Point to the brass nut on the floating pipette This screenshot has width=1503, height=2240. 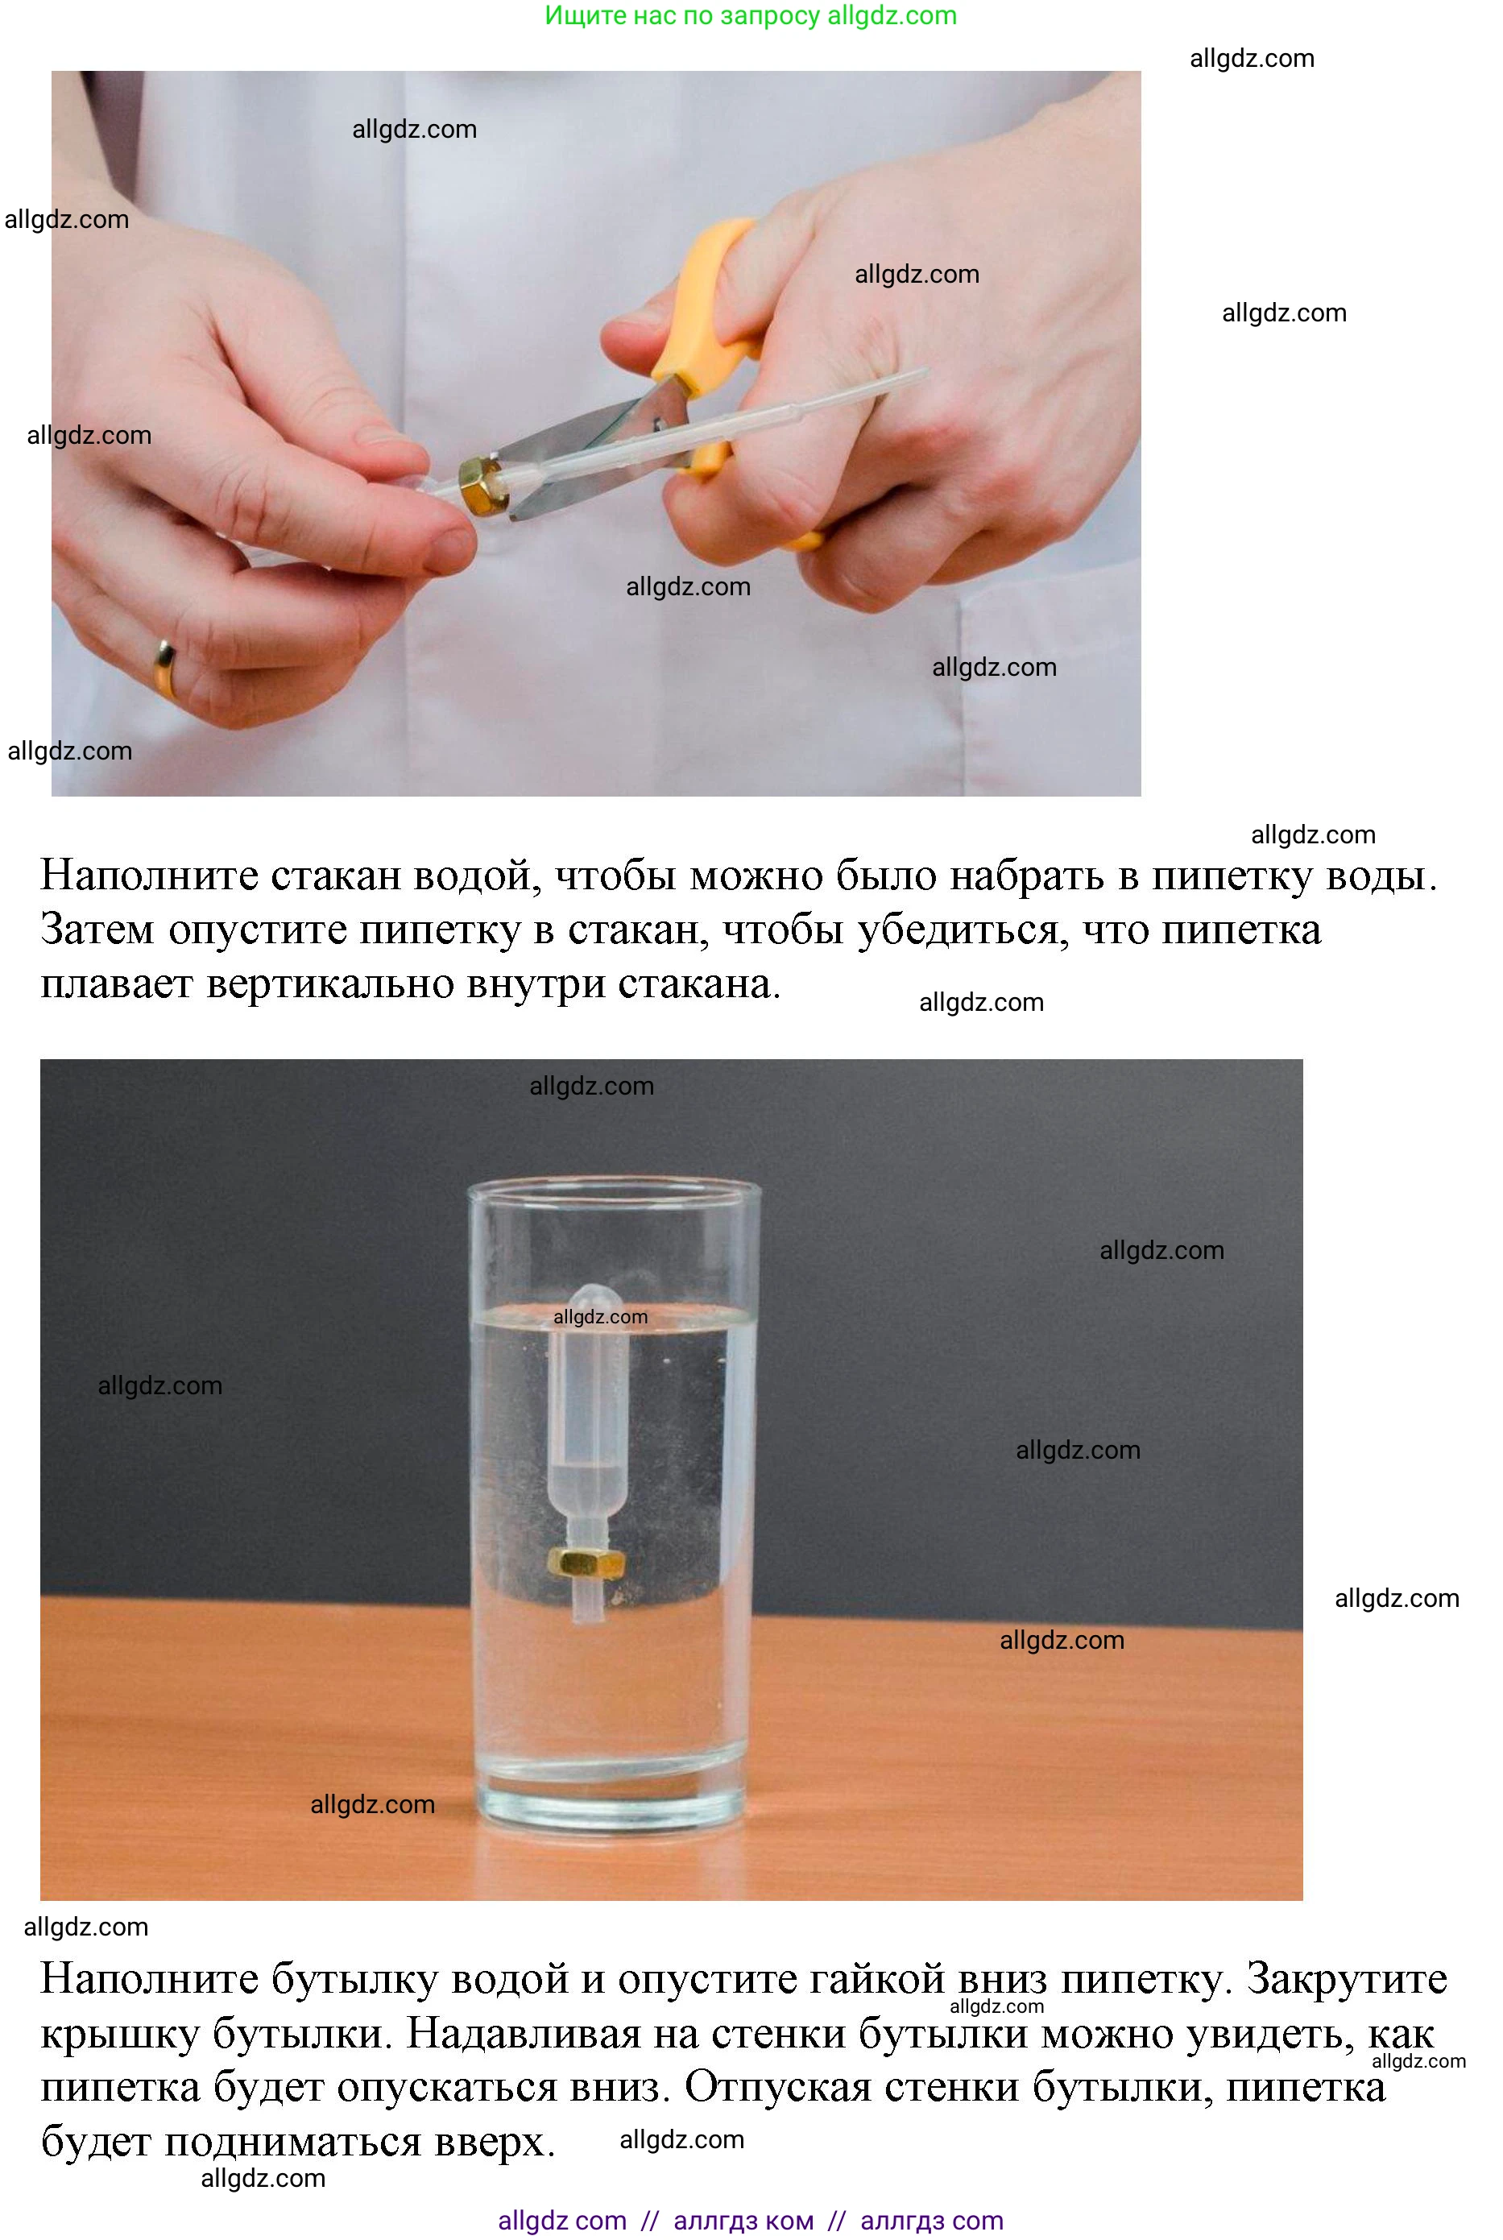pos(586,1563)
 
